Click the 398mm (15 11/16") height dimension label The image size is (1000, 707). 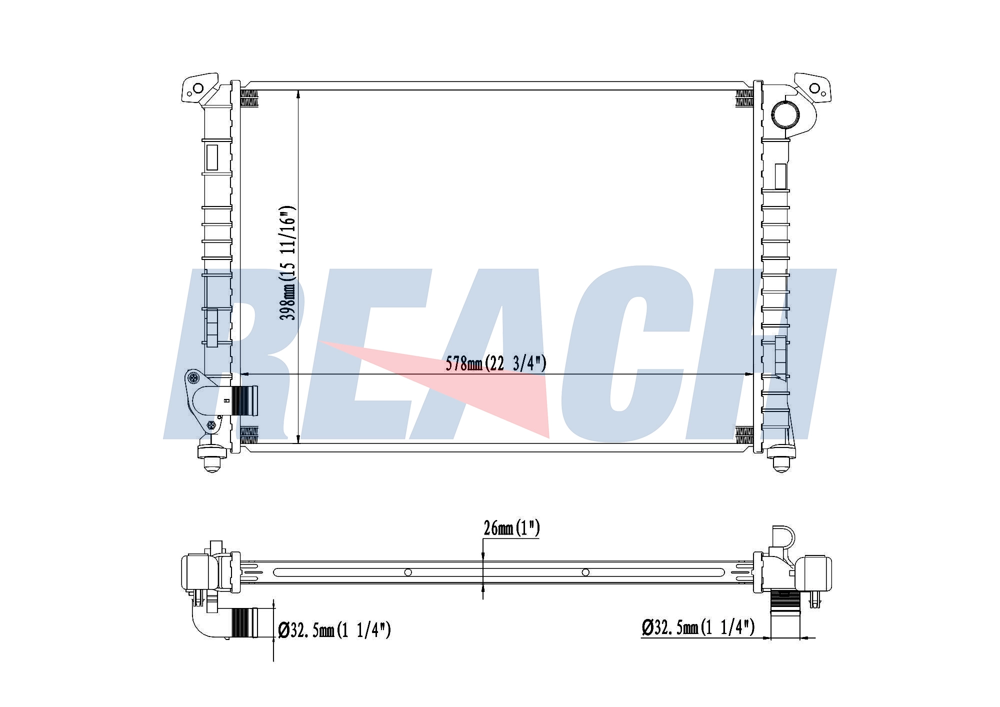tap(288, 263)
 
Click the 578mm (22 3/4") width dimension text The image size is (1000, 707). tap(496, 363)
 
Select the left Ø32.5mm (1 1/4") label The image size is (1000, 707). tap(334, 630)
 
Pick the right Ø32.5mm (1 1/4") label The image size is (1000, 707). tap(698, 627)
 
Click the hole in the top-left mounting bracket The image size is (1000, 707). tap(198, 89)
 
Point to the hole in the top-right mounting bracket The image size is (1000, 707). tap(814, 89)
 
